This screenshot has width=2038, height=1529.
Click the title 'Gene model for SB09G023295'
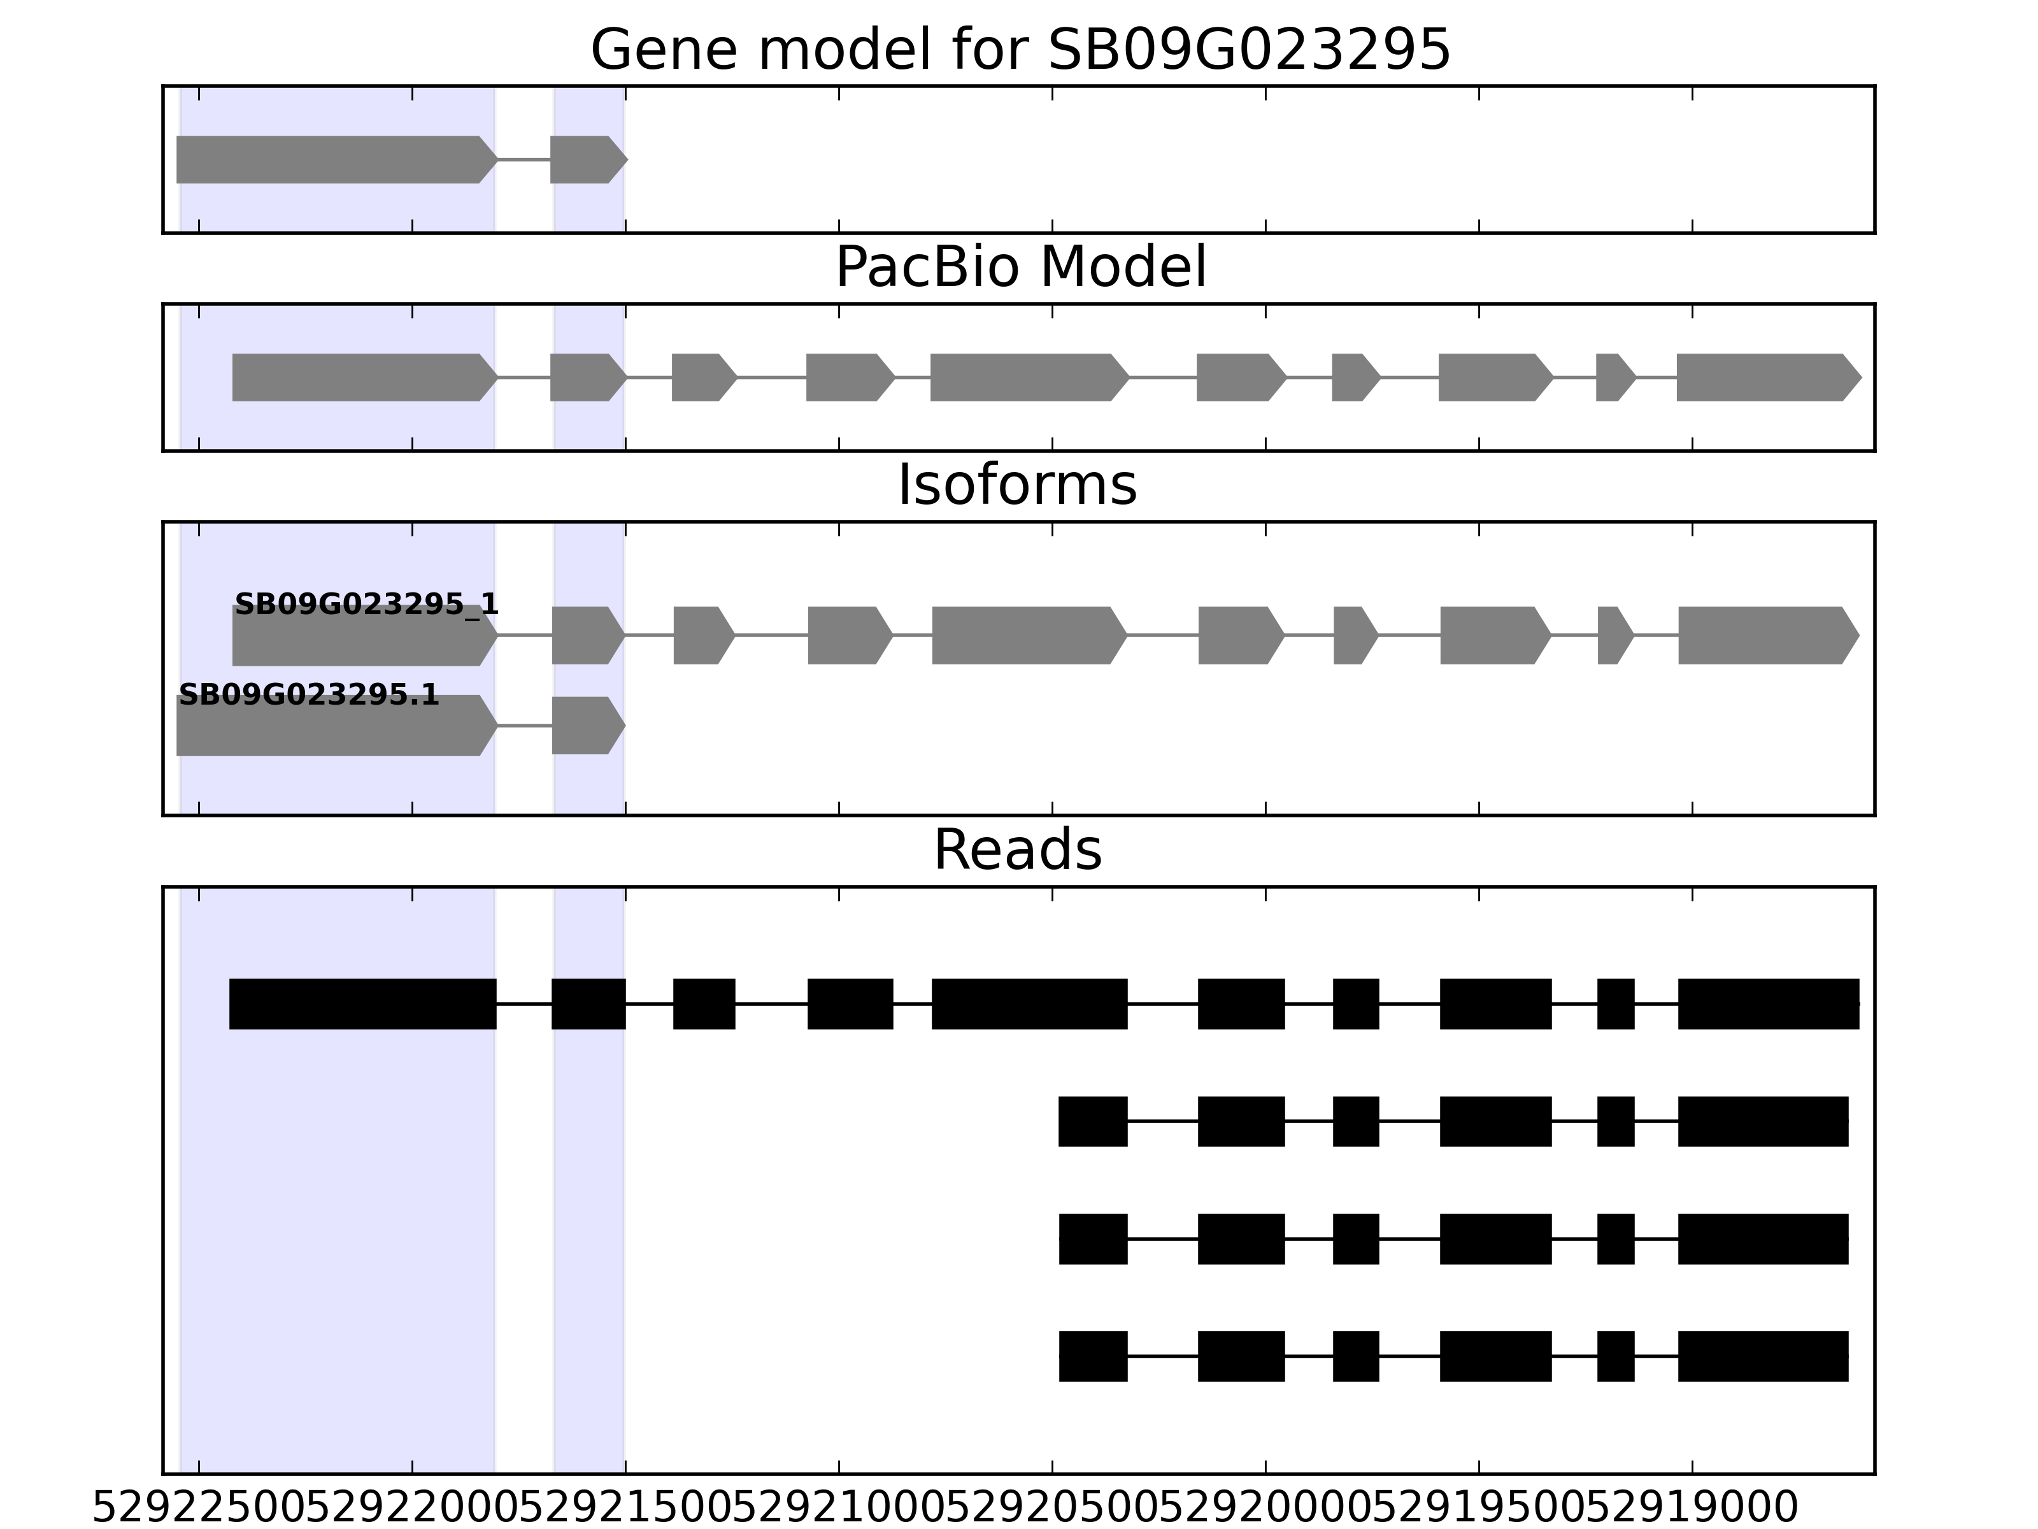(x=1020, y=50)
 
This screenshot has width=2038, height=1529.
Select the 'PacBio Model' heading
(x=1020, y=268)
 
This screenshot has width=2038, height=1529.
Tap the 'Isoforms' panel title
(x=1017, y=485)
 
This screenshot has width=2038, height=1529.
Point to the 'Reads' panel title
(x=1017, y=850)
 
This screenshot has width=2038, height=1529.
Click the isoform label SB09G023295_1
(x=366, y=605)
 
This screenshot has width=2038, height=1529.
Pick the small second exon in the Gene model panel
(x=586, y=159)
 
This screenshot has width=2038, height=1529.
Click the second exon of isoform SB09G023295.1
(x=586, y=726)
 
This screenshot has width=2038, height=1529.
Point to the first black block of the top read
(x=362, y=1003)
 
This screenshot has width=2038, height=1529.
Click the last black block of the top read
(x=1768, y=1003)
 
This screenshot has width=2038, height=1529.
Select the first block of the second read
(x=1093, y=1122)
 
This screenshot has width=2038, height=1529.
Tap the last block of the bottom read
(x=1762, y=1356)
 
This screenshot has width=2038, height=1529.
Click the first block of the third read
(x=1093, y=1238)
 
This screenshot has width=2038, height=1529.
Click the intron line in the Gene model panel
(x=524, y=159)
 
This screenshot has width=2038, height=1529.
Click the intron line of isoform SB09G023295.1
(x=524, y=726)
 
